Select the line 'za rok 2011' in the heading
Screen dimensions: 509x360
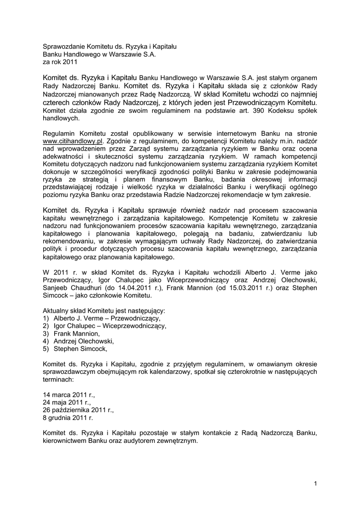60,63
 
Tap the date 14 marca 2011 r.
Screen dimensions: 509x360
69,395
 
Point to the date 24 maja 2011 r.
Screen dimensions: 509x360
67,403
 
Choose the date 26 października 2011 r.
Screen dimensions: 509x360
79,411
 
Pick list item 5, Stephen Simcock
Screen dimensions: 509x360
79,349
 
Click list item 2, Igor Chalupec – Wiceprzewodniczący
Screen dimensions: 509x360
108,326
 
